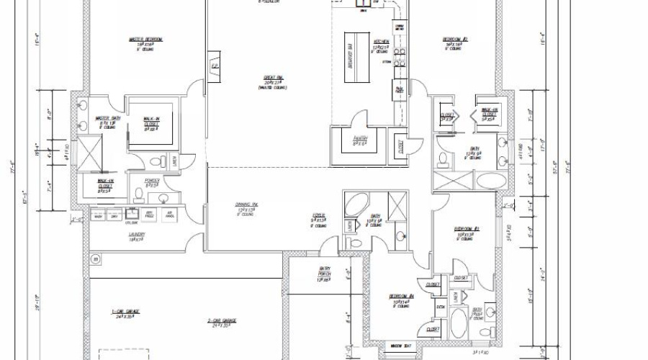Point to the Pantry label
click(x=361, y=138)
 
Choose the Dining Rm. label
click(x=246, y=205)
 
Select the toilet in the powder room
click(x=139, y=194)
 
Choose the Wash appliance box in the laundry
click(x=99, y=215)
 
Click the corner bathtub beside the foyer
click(x=355, y=204)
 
